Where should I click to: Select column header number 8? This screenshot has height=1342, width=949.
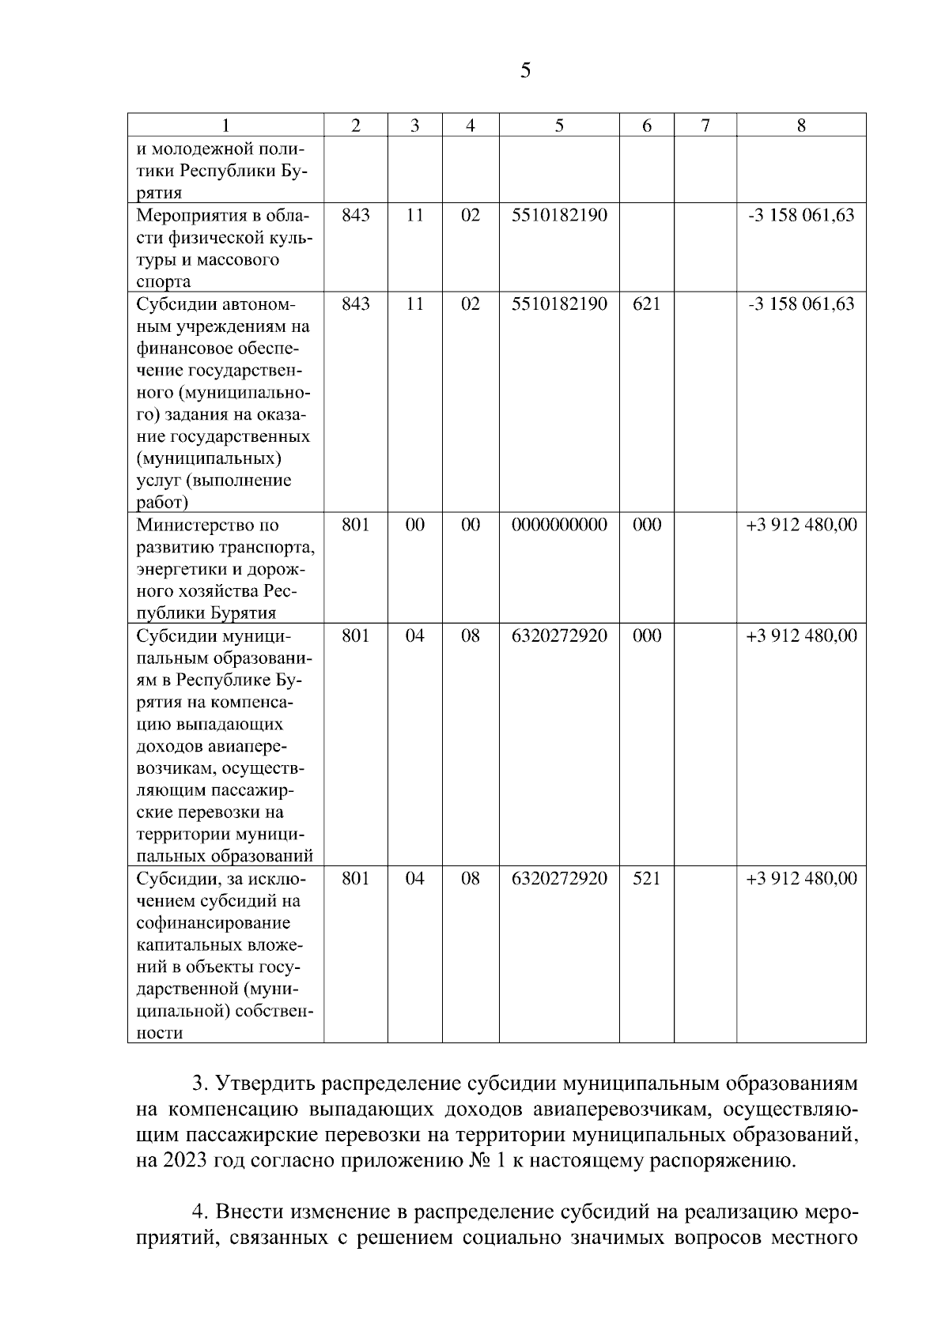[801, 125]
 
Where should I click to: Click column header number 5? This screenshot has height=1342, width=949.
[558, 125]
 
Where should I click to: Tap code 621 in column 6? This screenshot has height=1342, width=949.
[646, 304]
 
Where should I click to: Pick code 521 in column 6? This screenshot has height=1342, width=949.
[646, 879]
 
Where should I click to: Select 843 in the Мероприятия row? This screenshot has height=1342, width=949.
[355, 215]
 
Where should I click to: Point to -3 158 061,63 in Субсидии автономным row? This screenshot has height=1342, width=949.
[801, 304]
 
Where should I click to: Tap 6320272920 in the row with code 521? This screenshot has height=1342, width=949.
[559, 879]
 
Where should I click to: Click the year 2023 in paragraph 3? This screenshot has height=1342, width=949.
[187, 1161]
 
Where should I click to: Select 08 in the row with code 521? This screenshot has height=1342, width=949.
[470, 879]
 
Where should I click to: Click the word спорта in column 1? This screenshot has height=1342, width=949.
[164, 282]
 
